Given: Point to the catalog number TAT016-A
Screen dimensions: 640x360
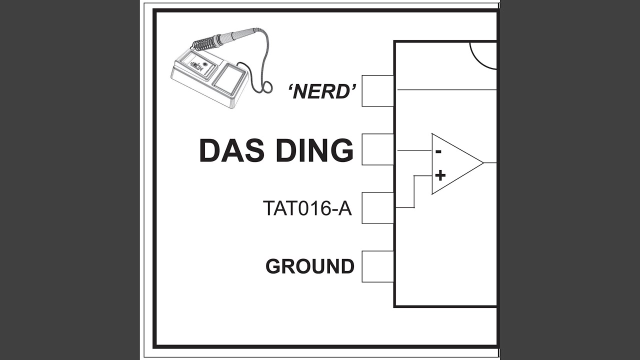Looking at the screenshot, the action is pyautogui.click(x=307, y=208).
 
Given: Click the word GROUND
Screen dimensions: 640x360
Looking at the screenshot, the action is pyautogui.click(x=310, y=266).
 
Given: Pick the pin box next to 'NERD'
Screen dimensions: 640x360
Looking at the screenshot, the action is pyautogui.click(x=377, y=91).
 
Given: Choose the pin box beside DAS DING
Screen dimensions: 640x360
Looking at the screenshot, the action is pyautogui.click(x=377, y=149).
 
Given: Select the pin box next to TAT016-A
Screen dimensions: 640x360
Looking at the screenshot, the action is pyautogui.click(x=377, y=208).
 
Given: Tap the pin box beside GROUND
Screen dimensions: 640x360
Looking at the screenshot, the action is pyautogui.click(x=377, y=266).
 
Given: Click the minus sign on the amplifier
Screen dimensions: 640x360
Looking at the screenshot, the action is pyautogui.click(x=438, y=151).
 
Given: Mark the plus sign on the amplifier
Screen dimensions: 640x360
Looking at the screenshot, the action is pyautogui.click(x=440, y=175).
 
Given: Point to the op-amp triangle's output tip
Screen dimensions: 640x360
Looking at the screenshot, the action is pyautogui.click(x=483, y=163).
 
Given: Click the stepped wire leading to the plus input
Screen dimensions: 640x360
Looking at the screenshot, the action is pyautogui.click(x=414, y=191).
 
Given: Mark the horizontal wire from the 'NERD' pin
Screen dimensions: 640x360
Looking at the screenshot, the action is pyautogui.click(x=447, y=89).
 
